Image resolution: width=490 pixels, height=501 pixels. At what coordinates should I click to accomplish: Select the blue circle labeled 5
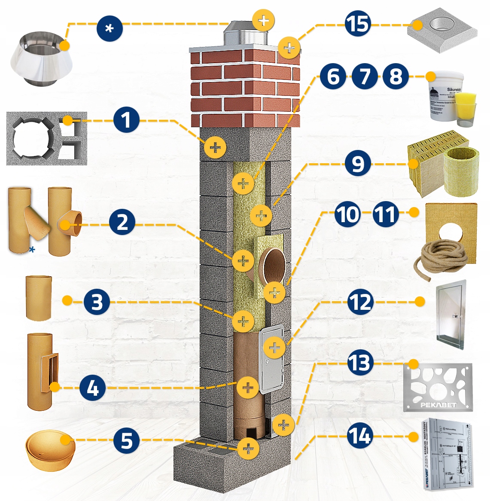126,440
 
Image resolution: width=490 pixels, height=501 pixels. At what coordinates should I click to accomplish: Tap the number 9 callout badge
358,164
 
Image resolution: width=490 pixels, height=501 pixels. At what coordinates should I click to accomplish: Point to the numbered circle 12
360,302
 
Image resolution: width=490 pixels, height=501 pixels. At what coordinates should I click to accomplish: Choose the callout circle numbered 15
357,24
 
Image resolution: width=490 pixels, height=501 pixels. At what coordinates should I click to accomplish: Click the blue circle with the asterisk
110,28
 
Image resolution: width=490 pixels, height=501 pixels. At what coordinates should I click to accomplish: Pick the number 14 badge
359,437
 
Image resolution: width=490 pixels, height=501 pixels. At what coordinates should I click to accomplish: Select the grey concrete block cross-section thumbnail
46,138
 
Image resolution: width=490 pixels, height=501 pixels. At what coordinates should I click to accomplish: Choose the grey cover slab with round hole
442,30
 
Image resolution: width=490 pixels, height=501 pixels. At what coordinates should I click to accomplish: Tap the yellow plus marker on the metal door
274,347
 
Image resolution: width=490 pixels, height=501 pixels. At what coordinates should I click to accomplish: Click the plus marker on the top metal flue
263,20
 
